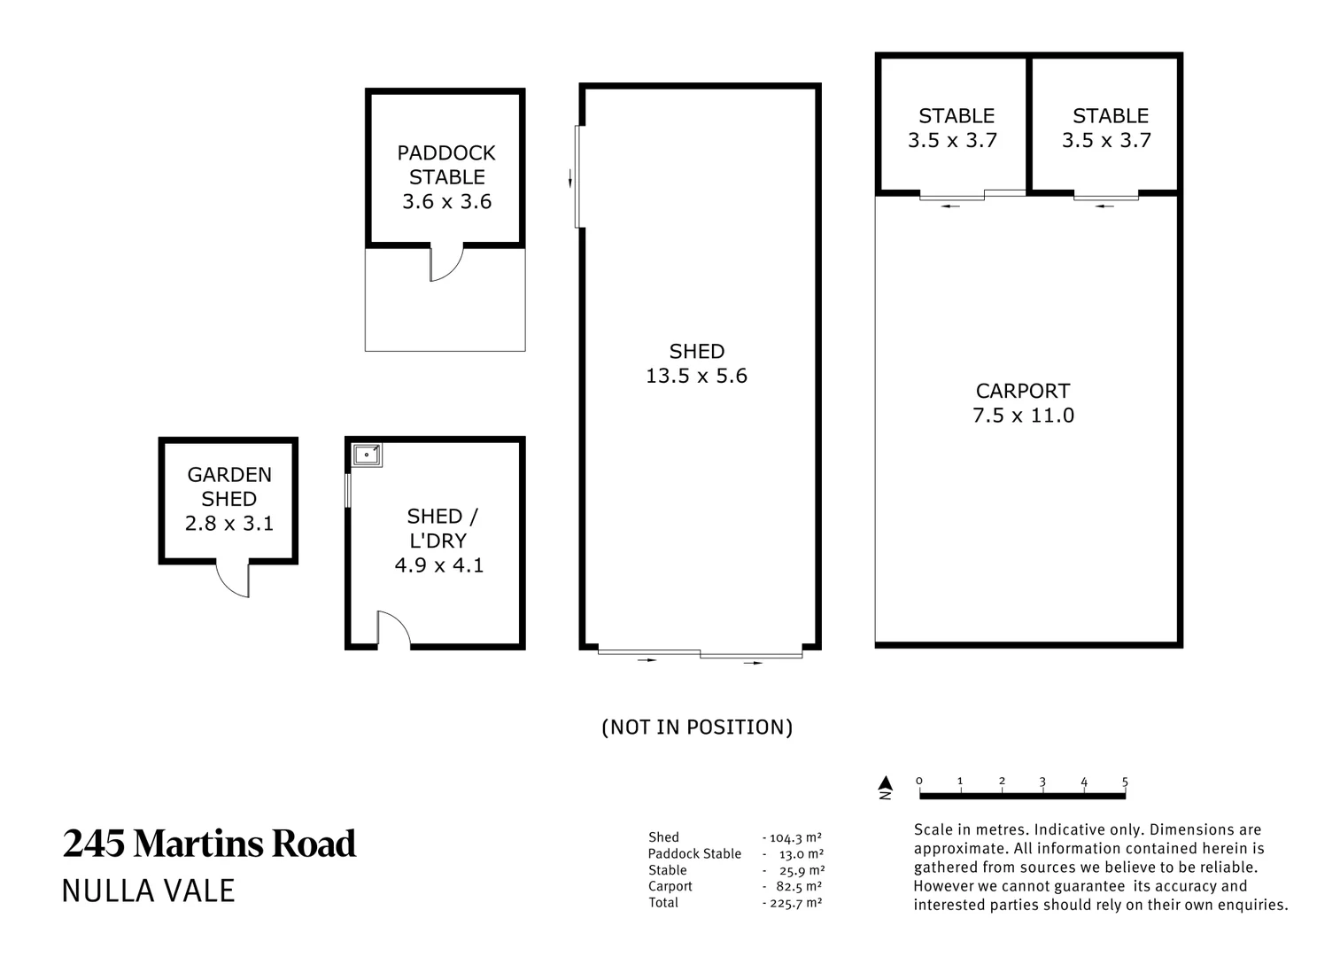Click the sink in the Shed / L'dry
366,455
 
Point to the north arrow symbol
886,787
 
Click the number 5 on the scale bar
1125,782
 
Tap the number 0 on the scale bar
919,781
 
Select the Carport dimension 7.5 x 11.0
1023,416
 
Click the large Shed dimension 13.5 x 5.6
696,376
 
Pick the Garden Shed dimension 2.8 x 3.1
229,524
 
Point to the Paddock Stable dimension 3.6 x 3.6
447,202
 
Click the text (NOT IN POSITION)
697,727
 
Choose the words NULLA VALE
149,891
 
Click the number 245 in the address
94,844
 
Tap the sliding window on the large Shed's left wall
578,176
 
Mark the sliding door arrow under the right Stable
1104,206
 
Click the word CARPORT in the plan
1023,392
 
